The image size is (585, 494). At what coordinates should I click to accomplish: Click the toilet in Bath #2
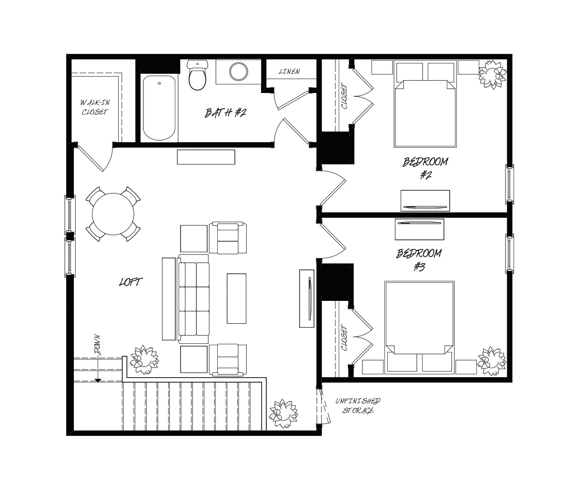click(x=198, y=75)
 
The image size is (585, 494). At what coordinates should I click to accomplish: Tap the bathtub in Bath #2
click(x=159, y=108)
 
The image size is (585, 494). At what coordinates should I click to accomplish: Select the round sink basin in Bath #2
click(x=238, y=71)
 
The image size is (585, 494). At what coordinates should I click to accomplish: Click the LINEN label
click(x=289, y=72)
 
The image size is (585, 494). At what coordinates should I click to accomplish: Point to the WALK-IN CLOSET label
click(x=95, y=107)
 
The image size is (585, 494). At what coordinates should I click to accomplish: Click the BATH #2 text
click(x=225, y=113)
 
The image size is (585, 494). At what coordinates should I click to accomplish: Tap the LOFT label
click(x=131, y=282)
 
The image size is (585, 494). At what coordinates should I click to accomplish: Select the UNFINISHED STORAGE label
click(x=358, y=405)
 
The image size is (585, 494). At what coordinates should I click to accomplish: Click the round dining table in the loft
click(x=113, y=214)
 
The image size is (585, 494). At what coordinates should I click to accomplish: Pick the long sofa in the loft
click(x=194, y=299)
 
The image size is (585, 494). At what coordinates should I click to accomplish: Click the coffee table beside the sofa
click(x=236, y=298)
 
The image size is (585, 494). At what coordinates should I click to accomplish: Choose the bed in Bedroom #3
click(x=419, y=328)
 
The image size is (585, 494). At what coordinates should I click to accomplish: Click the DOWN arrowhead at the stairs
click(x=98, y=381)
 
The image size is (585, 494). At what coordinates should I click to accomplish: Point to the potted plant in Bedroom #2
click(x=493, y=75)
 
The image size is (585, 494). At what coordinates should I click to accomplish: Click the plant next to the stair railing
click(x=144, y=360)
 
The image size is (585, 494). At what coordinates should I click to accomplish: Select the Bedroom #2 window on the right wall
click(x=510, y=185)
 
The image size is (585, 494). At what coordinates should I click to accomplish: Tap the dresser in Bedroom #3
click(x=419, y=229)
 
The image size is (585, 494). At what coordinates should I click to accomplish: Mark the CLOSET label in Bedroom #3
click(x=344, y=338)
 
